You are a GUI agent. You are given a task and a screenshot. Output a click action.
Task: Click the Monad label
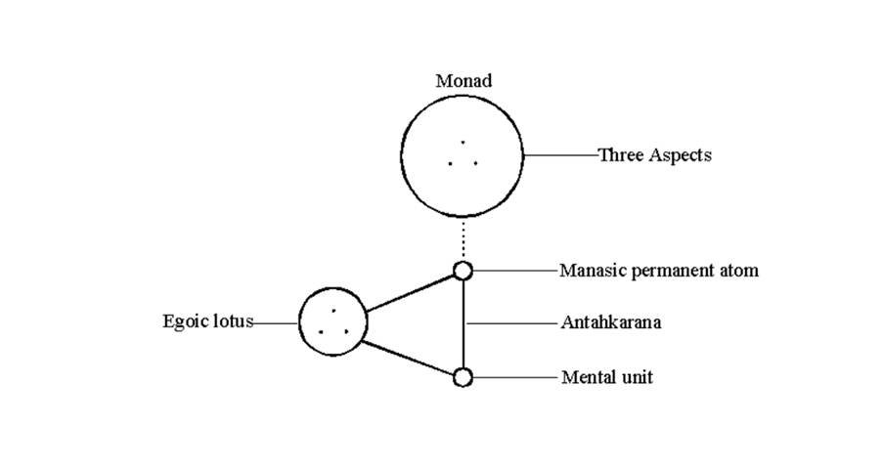point(463,81)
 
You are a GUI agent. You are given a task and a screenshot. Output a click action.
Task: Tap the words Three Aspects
point(654,154)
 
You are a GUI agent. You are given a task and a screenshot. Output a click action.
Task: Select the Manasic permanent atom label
point(658,270)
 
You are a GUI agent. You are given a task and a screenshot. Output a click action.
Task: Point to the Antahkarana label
point(610,321)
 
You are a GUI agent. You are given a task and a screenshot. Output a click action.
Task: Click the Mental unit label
point(606,376)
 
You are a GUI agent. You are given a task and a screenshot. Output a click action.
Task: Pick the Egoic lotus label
point(207,321)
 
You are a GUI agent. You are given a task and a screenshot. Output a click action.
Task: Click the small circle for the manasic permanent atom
point(463,271)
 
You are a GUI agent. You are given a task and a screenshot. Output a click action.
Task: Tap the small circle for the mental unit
point(463,376)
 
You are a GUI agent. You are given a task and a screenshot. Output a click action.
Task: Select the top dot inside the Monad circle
point(463,143)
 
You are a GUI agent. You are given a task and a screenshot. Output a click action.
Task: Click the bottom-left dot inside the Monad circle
point(451,163)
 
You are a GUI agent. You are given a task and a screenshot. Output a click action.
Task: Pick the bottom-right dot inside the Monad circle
point(475,163)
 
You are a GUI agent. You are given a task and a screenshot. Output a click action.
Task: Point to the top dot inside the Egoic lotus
point(333,310)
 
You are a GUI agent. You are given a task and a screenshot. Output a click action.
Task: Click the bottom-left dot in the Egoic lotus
point(321,332)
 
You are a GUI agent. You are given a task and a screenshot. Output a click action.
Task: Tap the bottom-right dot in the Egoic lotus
point(346,332)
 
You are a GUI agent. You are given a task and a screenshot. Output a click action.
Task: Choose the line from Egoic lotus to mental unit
point(411,358)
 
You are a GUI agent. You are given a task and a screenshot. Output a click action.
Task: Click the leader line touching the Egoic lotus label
point(276,321)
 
